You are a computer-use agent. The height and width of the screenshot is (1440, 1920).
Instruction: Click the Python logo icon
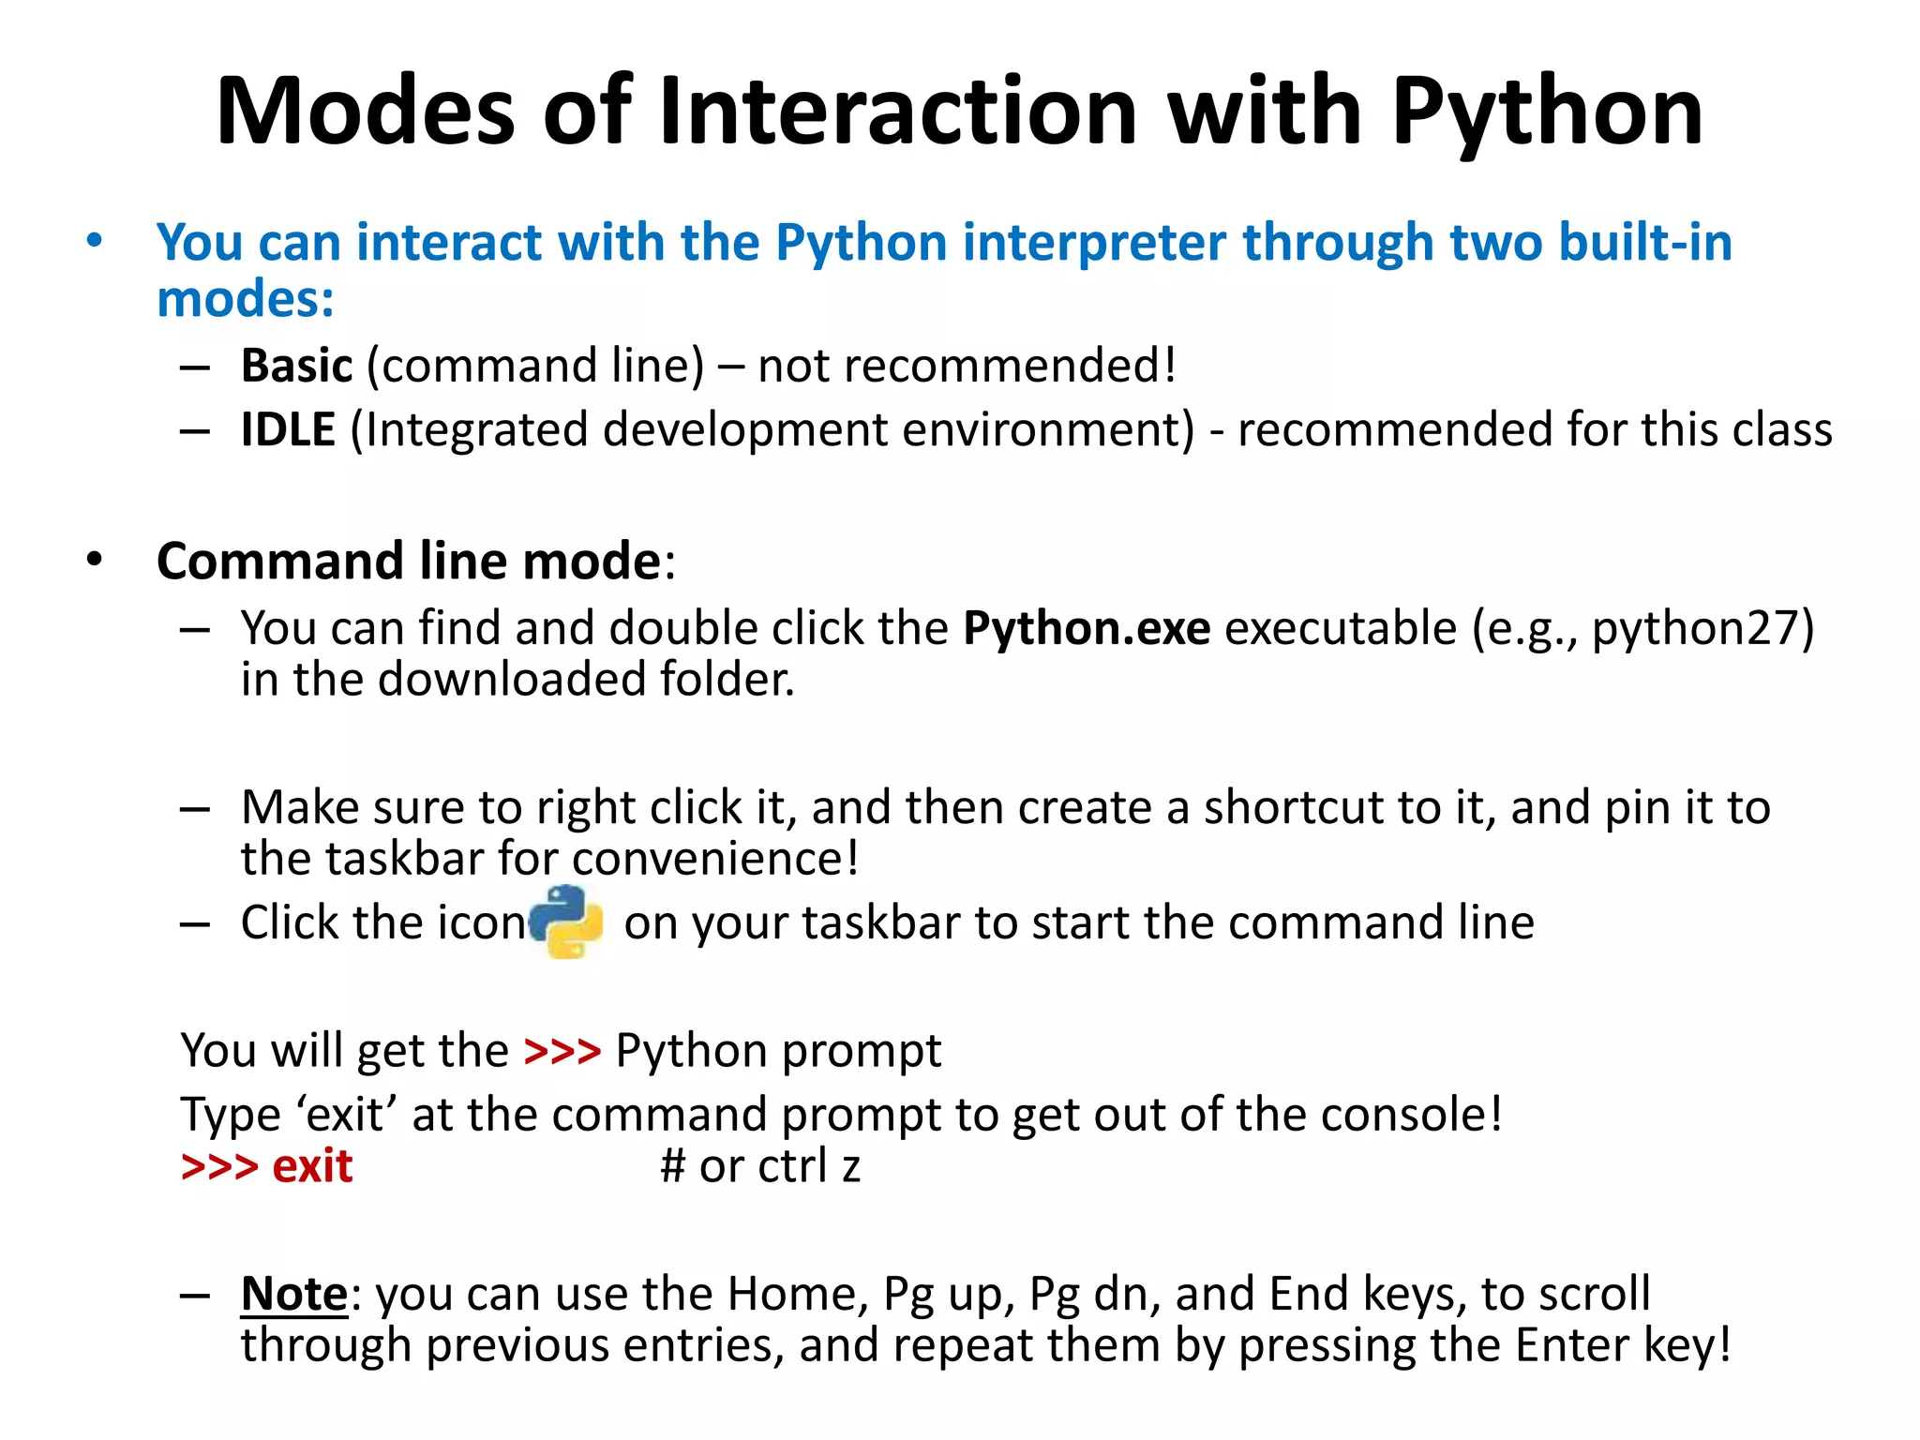pos(566,922)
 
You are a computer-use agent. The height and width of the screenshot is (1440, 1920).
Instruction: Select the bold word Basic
pos(296,365)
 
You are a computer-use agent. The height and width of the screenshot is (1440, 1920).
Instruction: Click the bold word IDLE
pos(288,429)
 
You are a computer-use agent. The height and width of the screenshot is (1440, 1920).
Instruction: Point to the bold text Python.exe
pos(1087,627)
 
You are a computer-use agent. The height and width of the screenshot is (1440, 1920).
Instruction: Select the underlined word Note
pos(294,1294)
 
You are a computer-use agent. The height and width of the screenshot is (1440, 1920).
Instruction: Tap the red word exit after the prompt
pos(312,1166)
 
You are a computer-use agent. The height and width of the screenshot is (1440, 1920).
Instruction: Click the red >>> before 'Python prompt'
pos(562,1050)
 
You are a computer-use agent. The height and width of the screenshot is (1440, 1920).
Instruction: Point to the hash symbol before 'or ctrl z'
pos(672,1166)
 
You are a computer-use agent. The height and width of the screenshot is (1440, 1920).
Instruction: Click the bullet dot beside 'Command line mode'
pos(94,560)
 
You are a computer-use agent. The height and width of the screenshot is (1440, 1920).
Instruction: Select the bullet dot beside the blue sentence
pos(94,241)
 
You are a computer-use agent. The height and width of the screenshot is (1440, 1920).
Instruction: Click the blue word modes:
pos(246,299)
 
